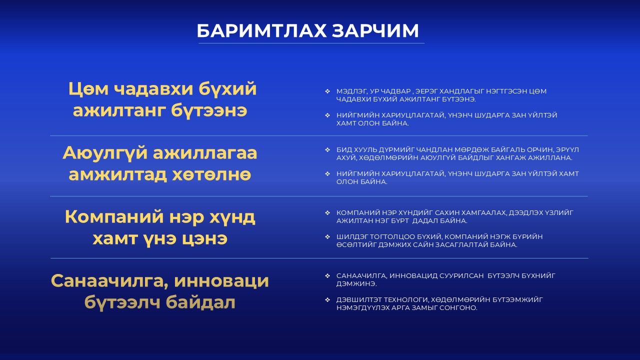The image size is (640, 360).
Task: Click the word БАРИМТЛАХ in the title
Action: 261,31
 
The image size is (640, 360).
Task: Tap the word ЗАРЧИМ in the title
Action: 375,31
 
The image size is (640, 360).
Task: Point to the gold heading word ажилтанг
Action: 119,110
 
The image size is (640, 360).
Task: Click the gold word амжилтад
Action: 117,174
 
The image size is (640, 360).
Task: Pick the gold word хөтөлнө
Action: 211,174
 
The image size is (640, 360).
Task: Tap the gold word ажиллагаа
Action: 205,153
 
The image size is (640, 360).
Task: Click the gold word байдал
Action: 200,302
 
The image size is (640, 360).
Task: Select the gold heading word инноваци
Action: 221,281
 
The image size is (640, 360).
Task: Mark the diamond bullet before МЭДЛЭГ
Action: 327,91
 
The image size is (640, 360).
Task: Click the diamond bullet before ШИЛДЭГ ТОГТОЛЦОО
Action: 327,237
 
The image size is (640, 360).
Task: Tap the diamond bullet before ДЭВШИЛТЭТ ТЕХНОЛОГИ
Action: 327,299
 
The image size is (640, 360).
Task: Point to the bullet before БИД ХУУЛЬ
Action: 327,149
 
